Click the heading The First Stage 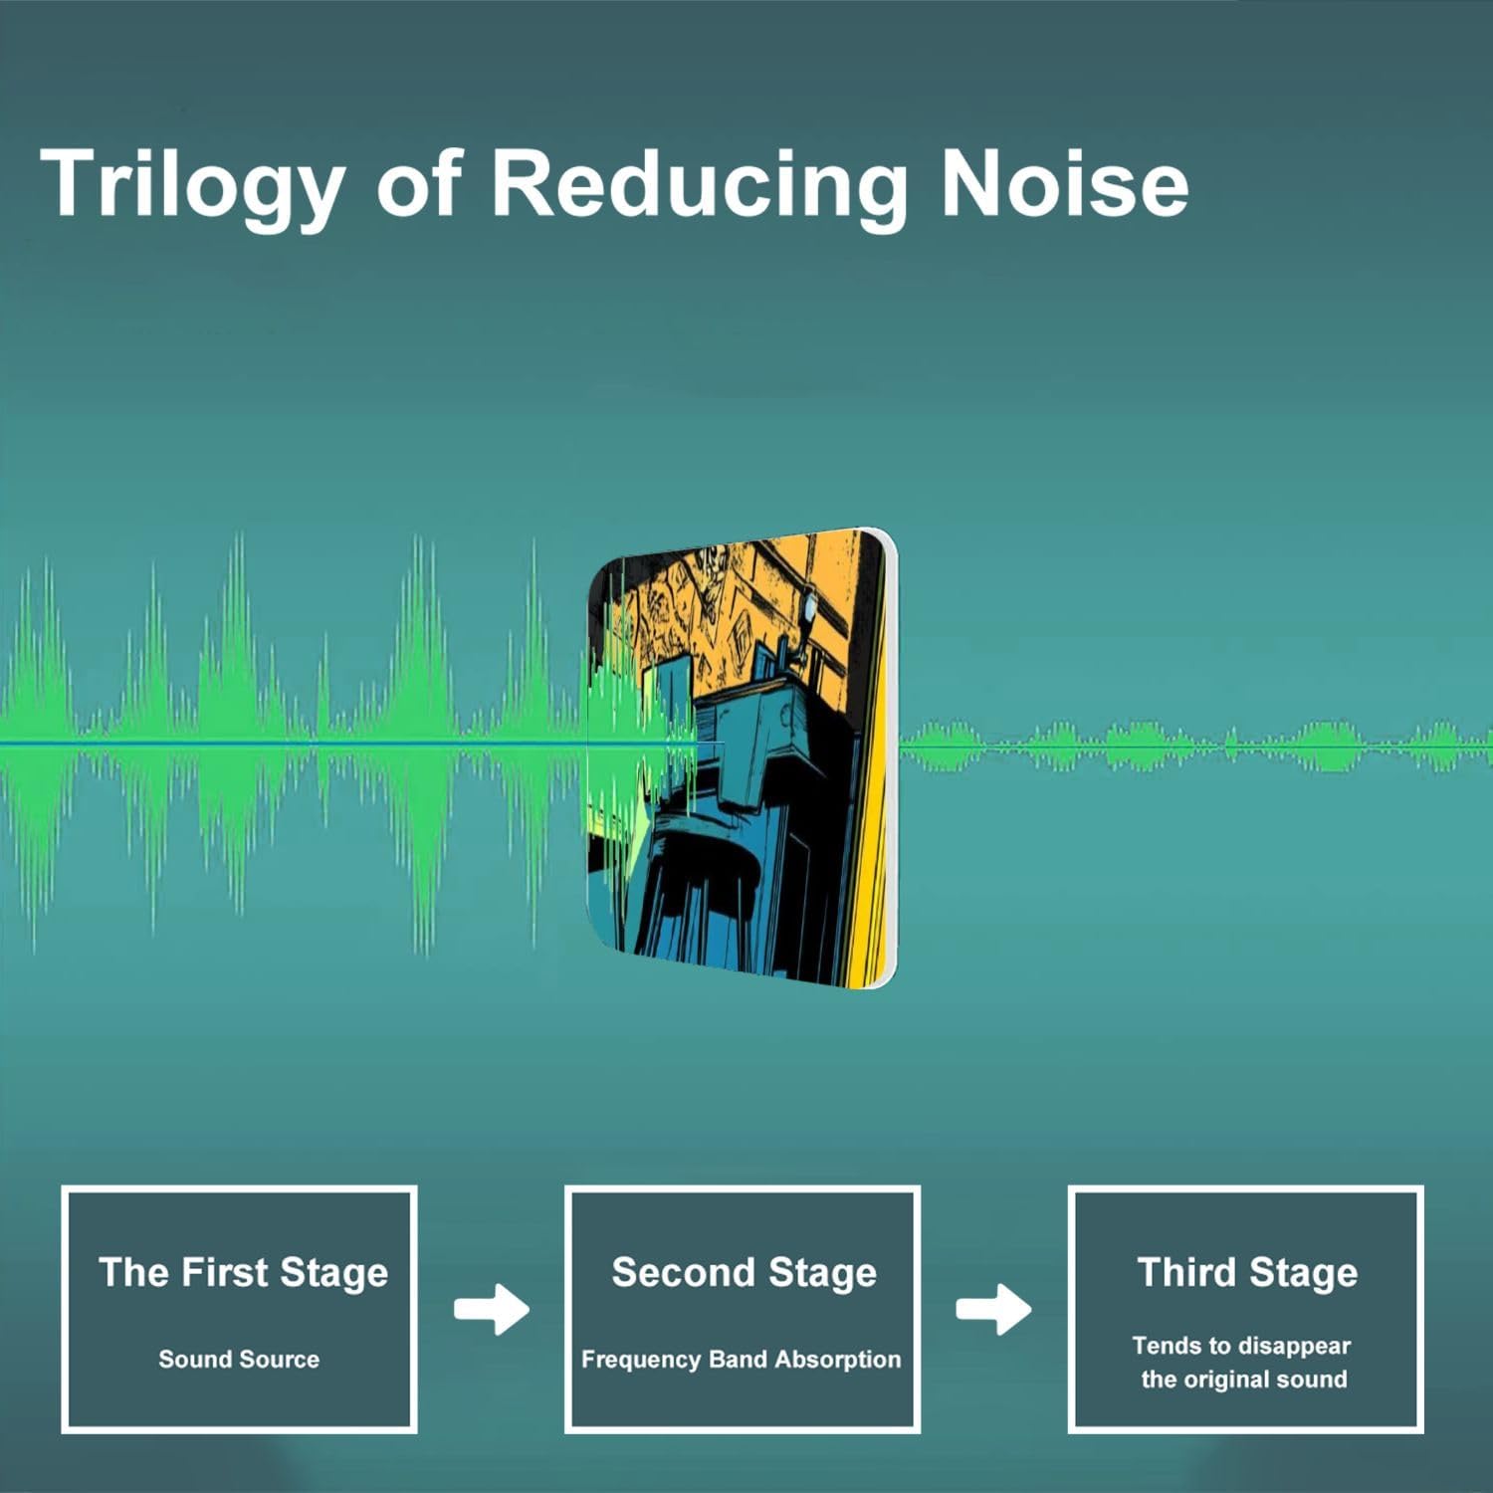243,1273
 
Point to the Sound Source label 239,1359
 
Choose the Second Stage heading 744,1273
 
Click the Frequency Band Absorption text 741,1360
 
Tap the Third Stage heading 1247,1273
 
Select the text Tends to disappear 1241,1347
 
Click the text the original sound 1244,1380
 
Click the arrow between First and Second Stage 492,1310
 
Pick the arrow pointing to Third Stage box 993,1310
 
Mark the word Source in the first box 282,1360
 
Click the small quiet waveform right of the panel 1194,746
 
